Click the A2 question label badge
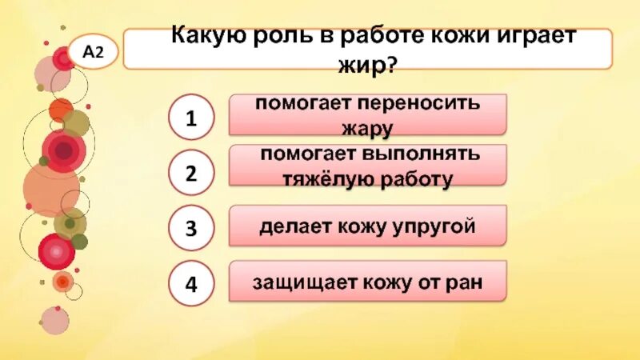[94, 52]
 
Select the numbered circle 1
[191, 118]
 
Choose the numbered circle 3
[191, 229]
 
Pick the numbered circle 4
[191, 284]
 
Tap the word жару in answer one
[368, 126]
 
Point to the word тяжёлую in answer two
[322, 179]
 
